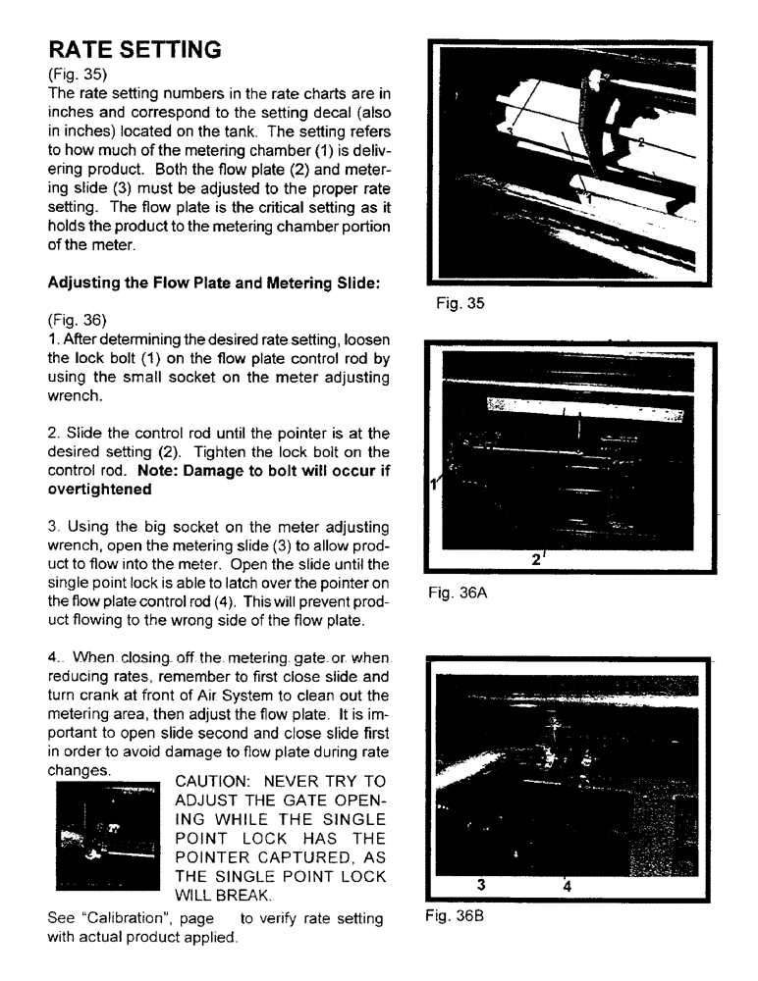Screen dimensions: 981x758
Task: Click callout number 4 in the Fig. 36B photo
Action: pyautogui.click(x=567, y=885)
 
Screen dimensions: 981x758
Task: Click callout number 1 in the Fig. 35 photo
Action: pyautogui.click(x=591, y=196)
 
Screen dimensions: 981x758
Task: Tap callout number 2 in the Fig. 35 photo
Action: pyautogui.click(x=641, y=143)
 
